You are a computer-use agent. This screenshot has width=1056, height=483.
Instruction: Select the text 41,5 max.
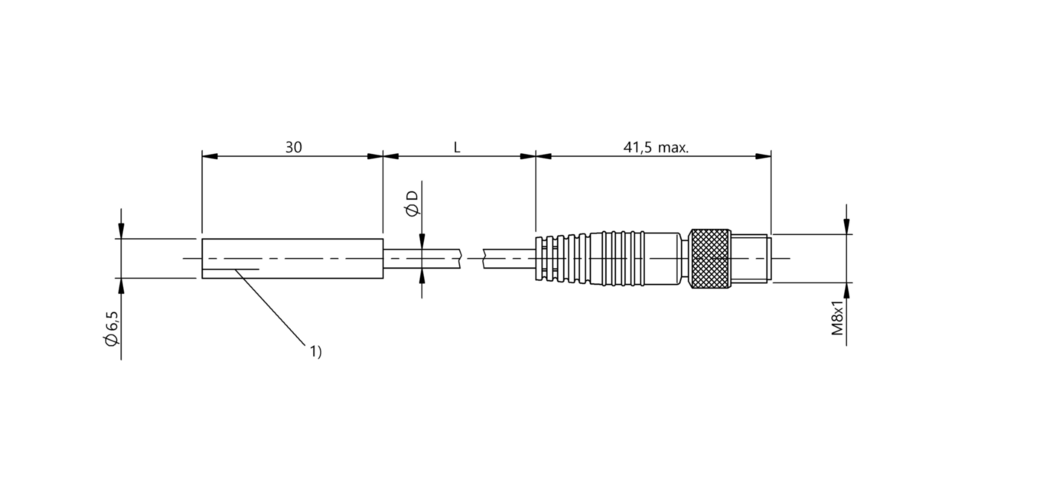pos(655,148)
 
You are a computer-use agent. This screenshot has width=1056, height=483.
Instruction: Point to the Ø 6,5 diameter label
pos(112,331)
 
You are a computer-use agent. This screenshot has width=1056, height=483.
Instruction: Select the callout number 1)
pos(315,351)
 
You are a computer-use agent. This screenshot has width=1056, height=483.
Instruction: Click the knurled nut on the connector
pos(710,259)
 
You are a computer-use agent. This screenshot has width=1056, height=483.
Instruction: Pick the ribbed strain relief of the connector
pos(562,259)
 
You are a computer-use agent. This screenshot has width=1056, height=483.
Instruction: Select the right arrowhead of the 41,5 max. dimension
pos(763,156)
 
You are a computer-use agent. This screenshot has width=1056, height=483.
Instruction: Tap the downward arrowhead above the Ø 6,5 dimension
pos(121,230)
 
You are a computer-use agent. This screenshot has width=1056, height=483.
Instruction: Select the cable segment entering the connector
pos(509,259)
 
